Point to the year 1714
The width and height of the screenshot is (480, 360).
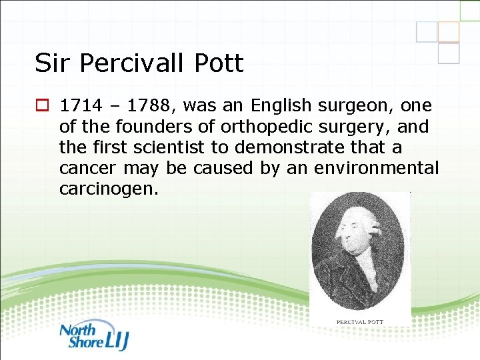click(79, 105)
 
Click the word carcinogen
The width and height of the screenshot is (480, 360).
click(109, 189)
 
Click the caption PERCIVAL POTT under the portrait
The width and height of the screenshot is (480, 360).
click(361, 322)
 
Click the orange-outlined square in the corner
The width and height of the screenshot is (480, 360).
click(448, 31)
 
